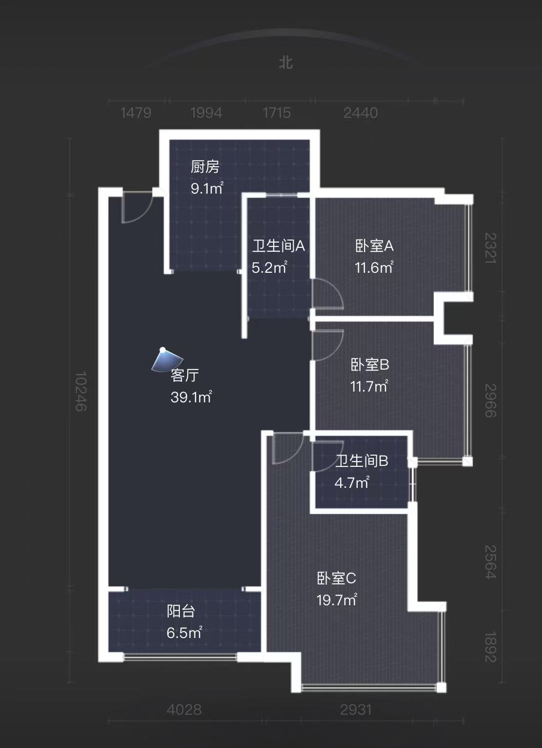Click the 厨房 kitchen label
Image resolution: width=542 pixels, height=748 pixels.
click(205, 167)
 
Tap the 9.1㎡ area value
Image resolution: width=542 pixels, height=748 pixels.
click(207, 188)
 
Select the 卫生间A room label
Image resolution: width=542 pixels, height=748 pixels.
click(278, 245)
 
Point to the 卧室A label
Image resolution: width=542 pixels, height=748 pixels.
click(374, 245)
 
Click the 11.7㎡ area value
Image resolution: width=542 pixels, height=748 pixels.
click(369, 386)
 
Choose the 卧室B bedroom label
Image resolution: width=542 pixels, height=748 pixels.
click(369, 365)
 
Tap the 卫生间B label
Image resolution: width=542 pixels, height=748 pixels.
click(361, 461)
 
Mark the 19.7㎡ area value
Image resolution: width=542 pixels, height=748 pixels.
click(337, 599)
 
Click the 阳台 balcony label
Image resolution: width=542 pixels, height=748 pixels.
click(181, 611)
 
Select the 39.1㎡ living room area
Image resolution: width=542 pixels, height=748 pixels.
click(191, 397)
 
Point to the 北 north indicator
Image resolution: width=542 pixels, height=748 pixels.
click(286, 63)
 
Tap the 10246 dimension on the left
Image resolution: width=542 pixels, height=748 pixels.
click(81, 392)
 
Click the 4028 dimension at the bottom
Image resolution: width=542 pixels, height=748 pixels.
click(184, 709)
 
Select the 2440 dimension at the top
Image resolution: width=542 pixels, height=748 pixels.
click(360, 113)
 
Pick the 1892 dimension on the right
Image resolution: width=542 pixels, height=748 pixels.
click(490, 647)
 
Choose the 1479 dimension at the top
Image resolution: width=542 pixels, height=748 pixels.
click(135, 113)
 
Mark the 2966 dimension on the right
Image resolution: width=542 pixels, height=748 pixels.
click(490, 400)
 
